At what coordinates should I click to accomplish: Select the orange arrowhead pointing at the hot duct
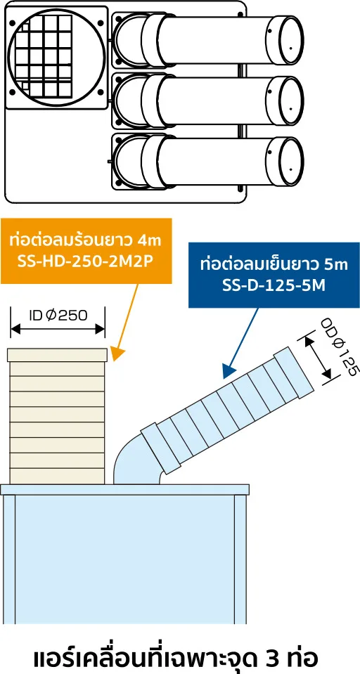click(117, 354)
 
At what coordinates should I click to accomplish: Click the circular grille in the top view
click(56, 56)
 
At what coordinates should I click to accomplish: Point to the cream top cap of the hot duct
click(57, 355)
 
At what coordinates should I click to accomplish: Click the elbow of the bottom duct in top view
click(129, 161)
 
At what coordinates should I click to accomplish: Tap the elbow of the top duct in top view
click(129, 39)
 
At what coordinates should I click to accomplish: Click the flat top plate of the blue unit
click(124, 490)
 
